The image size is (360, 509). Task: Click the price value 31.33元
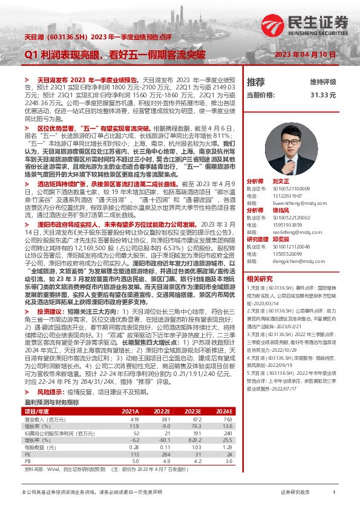pyautogui.click(x=323, y=96)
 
